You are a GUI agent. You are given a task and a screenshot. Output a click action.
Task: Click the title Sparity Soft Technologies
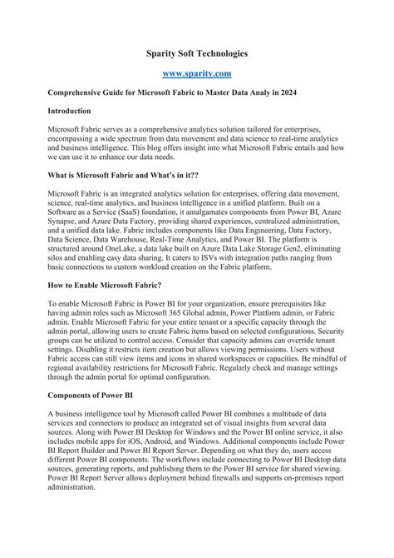[197, 53]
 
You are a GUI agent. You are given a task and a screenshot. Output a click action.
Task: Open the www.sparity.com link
[197, 74]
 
